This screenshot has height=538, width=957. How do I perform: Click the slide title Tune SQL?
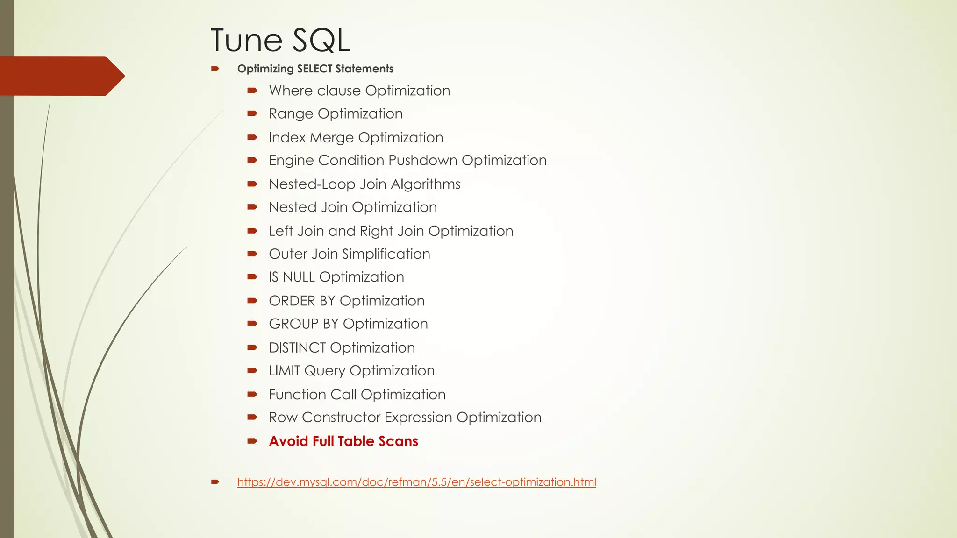(x=280, y=40)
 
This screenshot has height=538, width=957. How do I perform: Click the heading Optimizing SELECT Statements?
(x=315, y=69)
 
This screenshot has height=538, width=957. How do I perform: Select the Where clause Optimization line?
(x=359, y=91)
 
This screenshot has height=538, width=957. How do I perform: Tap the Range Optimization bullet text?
(x=336, y=113)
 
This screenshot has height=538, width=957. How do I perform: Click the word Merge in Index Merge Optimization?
(x=331, y=138)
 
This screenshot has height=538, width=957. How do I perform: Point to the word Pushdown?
(x=423, y=160)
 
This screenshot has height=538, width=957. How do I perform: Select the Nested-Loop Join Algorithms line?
(x=364, y=184)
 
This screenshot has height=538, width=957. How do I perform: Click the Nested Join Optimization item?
(x=353, y=207)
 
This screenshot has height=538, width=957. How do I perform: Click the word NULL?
(x=299, y=277)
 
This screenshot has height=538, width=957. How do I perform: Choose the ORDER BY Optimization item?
(x=347, y=301)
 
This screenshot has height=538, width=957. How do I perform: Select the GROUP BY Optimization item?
(x=348, y=324)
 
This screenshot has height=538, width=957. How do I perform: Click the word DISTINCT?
(x=297, y=348)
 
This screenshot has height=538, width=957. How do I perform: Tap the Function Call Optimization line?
(x=357, y=395)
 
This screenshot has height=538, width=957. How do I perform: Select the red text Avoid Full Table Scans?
(x=343, y=441)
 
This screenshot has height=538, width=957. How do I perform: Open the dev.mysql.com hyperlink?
(x=416, y=482)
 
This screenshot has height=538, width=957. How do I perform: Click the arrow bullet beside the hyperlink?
(x=215, y=481)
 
